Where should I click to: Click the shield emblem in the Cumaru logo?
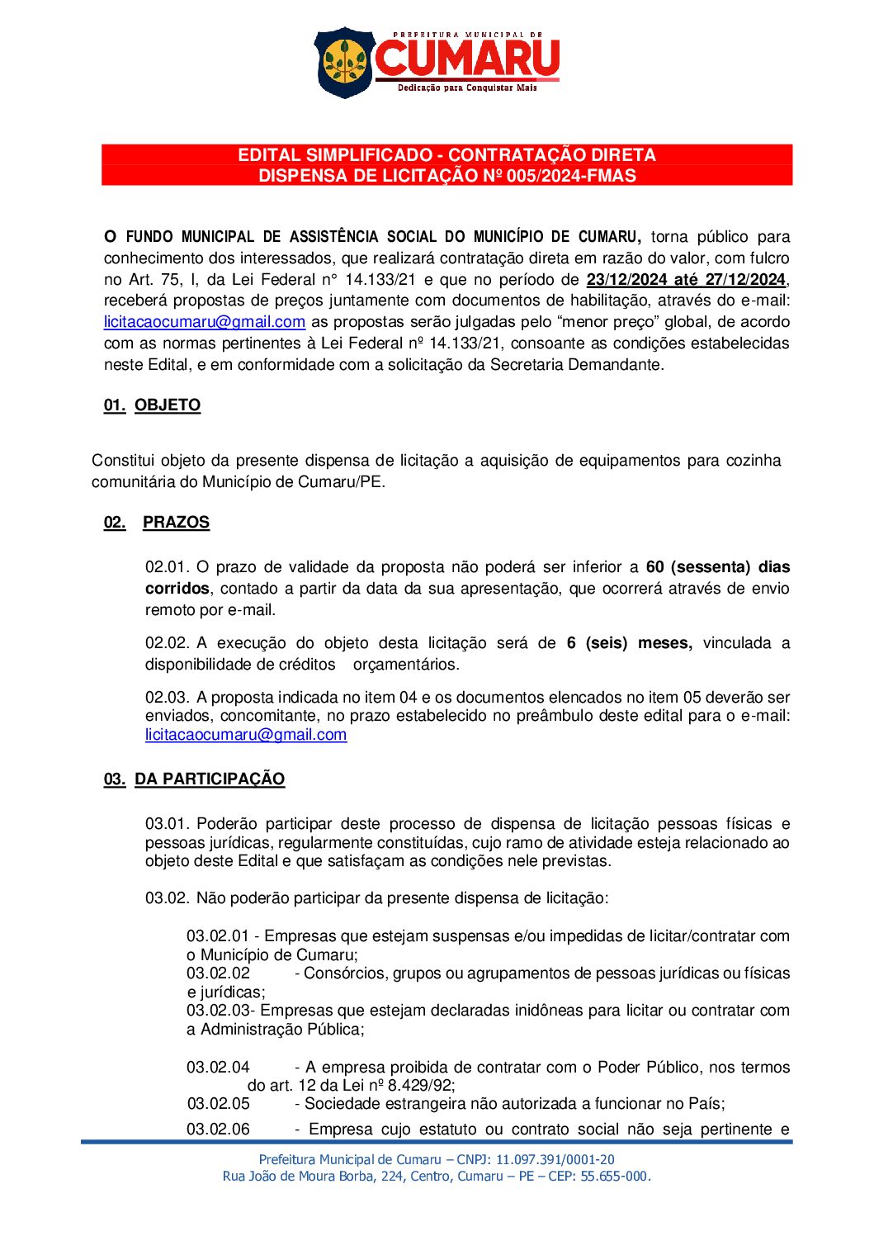344,62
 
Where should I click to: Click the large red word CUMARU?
467,59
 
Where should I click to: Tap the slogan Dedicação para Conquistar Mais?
467,88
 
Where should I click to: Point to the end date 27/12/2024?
745,280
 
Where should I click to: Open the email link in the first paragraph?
205,322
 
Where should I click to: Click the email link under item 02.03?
246,735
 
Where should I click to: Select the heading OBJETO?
168,405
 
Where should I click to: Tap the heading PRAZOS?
176,523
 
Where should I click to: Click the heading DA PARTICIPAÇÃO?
210,779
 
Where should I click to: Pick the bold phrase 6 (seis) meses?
629,643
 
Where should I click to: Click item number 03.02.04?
218,1068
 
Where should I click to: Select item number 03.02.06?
218,1129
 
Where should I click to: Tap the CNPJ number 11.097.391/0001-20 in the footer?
555,1160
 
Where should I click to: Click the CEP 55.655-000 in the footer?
615,1177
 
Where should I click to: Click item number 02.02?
168,643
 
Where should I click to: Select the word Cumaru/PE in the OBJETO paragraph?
350,482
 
